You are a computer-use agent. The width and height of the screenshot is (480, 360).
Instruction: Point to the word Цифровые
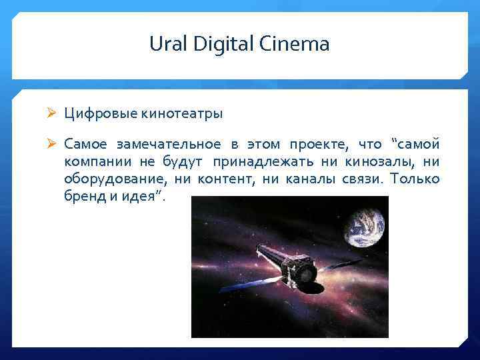(101, 113)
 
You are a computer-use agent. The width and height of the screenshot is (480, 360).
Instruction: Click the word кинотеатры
(181, 113)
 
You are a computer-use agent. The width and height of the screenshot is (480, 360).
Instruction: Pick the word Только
(415, 179)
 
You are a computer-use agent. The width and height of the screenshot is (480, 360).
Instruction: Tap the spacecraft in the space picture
(283, 268)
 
